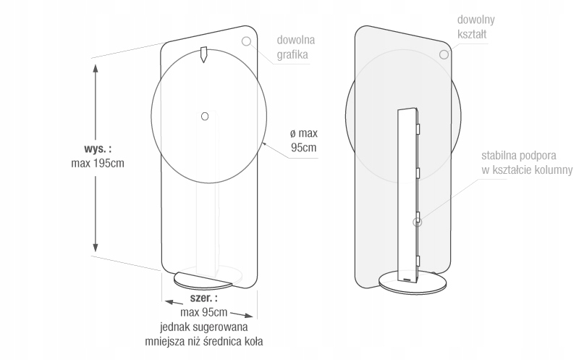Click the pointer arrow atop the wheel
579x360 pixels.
tap(203, 54)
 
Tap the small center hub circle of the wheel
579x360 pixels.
tap(205, 117)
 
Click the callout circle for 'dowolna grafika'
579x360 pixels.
tap(246, 41)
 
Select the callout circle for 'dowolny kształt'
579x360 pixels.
tap(444, 55)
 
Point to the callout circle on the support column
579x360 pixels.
tap(418, 222)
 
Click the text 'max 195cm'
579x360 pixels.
tap(98, 163)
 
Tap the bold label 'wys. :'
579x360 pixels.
tap(98, 148)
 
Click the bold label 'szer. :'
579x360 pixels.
tap(204, 298)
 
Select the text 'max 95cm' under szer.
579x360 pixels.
tap(203, 312)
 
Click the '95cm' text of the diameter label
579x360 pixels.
tap(303, 148)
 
